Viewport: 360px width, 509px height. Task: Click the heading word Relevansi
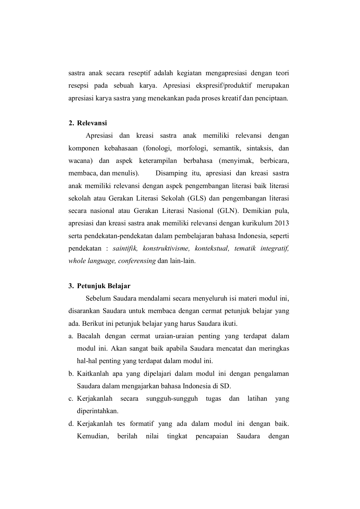pyautogui.click(x=92, y=123)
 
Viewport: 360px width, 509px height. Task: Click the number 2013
pyautogui.click(x=281, y=223)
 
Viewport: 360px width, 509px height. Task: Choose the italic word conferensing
pyautogui.click(x=137, y=261)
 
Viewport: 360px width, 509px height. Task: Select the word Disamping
pyautogui.click(x=171, y=173)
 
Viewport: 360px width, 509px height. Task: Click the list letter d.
pyautogui.click(x=71, y=424)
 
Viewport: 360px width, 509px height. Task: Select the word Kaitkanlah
pyautogui.click(x=93, y=374)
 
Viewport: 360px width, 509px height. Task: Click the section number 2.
pyautogui.click(x=71, y=123)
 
